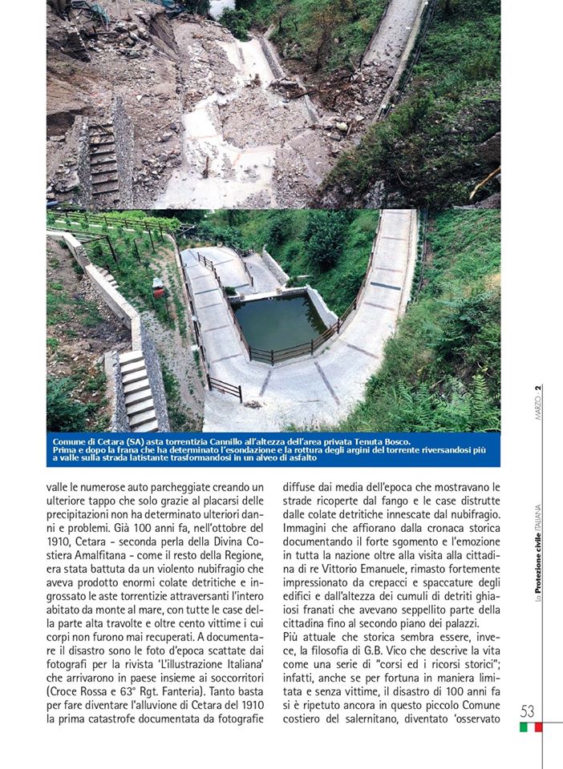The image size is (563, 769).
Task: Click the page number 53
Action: point(528,711)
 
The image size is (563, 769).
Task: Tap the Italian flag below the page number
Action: point(530,727)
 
